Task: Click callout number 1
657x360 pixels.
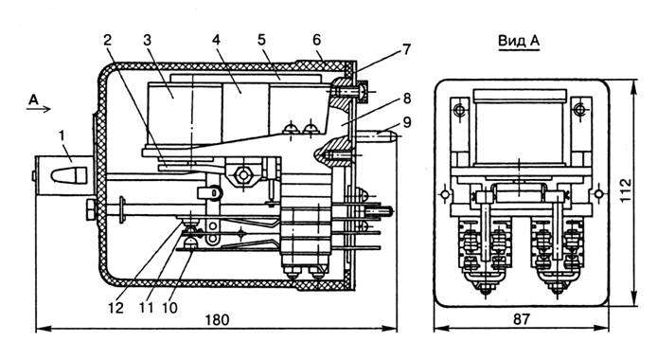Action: (x=62, y=135)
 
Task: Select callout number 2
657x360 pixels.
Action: (x=108, y=40)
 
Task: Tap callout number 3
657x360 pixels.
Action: (x=147, y=40)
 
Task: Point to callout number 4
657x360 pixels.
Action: (x=216, y=40)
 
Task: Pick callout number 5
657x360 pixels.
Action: (x=261, y=40)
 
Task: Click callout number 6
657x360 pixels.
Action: (x=317, y=40)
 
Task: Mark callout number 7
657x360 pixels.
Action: (x=406, y=49)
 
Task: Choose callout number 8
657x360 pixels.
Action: (x=406, y=99)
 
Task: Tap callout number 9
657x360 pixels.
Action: (x=406, y=122)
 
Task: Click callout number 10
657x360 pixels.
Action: (x=169, y=308)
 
